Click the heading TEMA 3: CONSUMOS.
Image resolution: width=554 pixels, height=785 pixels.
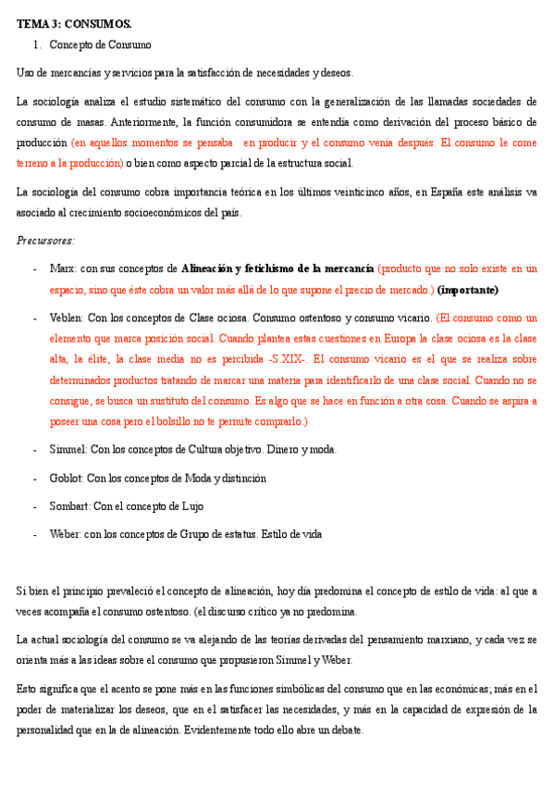[x=75, y=23]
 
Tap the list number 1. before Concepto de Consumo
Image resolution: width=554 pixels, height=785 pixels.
[x=37, y=44]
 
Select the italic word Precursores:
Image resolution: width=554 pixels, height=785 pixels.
[x=45, y=241]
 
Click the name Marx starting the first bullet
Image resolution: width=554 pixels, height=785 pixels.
[x=63, y=269]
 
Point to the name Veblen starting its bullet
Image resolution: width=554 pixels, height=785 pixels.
[x=67, y=318]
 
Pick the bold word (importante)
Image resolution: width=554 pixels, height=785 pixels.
[x=468, y=289]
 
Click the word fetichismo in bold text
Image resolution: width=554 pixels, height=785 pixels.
[x=267, y=269]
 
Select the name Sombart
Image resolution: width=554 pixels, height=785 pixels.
[x=69, y=506]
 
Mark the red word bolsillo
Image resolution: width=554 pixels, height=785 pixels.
[x=192, y=421]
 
